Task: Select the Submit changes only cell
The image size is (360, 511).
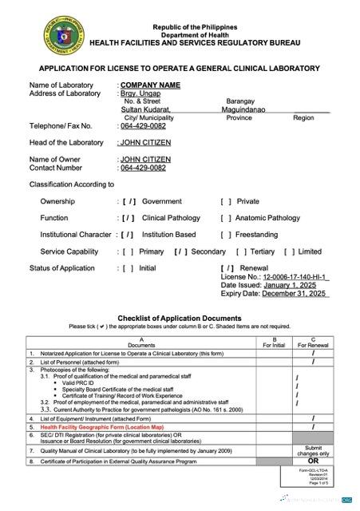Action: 313,450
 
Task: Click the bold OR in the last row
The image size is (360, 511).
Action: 313,461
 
